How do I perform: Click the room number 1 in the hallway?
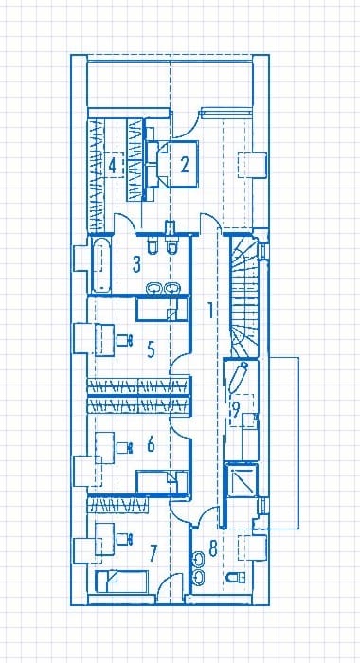click(x=209, y=311)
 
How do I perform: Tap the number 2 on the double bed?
click(x=185, y=165)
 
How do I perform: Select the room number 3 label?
click(x=136, y=264)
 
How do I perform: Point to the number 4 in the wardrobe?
click(x=112, y=165)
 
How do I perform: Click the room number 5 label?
click(x=151, y=349)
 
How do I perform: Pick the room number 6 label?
click(x=151, y=444)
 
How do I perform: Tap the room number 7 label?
click(x=153, y=552)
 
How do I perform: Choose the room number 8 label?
click(x=213, y=548)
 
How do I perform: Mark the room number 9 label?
click(x=236, y=408)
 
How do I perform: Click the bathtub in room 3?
click(x=101, y=264)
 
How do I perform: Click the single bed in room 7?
click(x=121, y=581)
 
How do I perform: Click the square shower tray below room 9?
click(x=241, y=478)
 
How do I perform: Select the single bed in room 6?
click(x=161, y=481)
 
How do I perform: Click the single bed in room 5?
click(x=161, y=309)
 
